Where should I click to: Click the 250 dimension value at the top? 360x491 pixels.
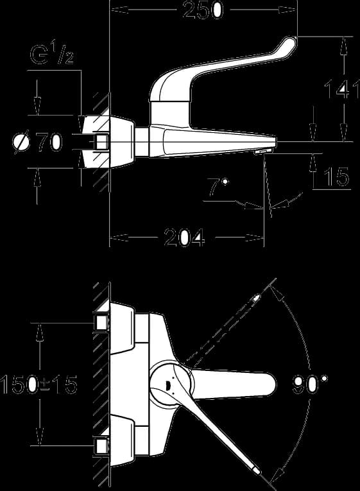pos(203,10)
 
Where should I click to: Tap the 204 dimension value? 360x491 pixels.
pos(184,237)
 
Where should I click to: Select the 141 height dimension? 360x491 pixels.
pos(342,89)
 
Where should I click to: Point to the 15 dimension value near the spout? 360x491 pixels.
pos(336,177)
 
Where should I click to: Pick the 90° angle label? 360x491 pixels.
pos(310,384)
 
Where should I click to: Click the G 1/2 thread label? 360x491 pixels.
pos(52,54)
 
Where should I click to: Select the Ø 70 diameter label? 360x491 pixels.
pos(37,142)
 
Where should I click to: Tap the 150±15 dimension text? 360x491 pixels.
pos(39,384)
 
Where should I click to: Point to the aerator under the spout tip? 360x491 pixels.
pos(263,152)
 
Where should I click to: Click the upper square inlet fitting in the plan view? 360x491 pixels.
pos(101,322)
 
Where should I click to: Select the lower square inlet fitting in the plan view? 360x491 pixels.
pos(101,445)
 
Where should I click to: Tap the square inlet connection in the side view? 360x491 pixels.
pos(102,142)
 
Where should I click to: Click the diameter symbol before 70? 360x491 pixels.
pos(21,142)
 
